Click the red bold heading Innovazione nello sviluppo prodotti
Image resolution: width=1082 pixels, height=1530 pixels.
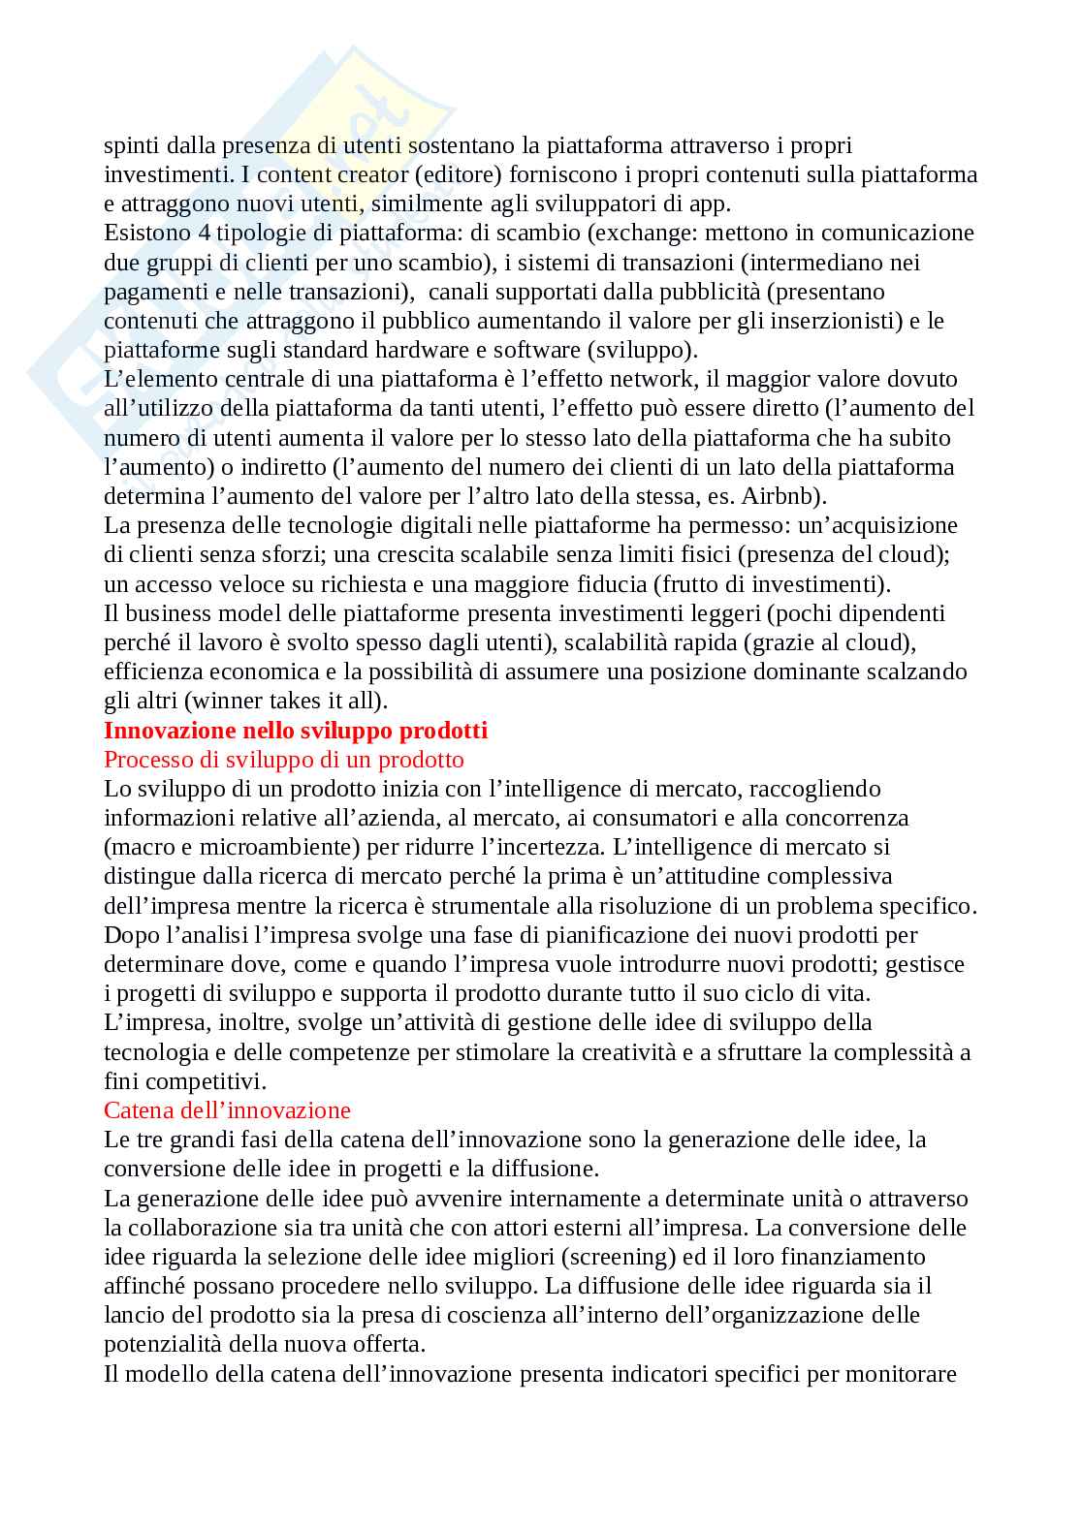pyautogui.click(x=296, y=730)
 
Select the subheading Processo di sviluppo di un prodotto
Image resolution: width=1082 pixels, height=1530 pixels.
pyautogui.click(x=284, y=759)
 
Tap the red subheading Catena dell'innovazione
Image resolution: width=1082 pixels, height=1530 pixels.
pyautogui.click(x=227, y=1109)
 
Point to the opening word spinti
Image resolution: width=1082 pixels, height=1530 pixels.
pyautogui.click(x=132, y=145)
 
